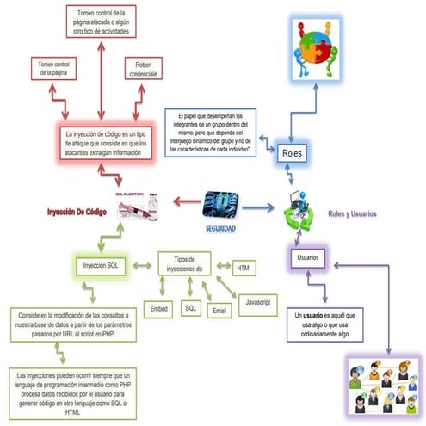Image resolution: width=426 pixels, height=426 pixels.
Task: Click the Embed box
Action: (x=159, y=306)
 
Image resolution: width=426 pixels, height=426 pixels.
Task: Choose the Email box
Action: (x=219, y=308)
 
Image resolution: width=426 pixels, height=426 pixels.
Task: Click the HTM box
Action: (x=244, y=268)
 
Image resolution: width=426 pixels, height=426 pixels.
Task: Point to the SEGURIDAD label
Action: (x=219, y=228)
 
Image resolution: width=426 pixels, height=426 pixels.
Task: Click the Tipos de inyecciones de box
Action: (x=186, y=263)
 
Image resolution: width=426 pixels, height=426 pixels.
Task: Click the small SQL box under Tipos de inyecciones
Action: (x=190, y=306)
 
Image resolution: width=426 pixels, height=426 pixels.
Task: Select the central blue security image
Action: (x=220, y=204)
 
